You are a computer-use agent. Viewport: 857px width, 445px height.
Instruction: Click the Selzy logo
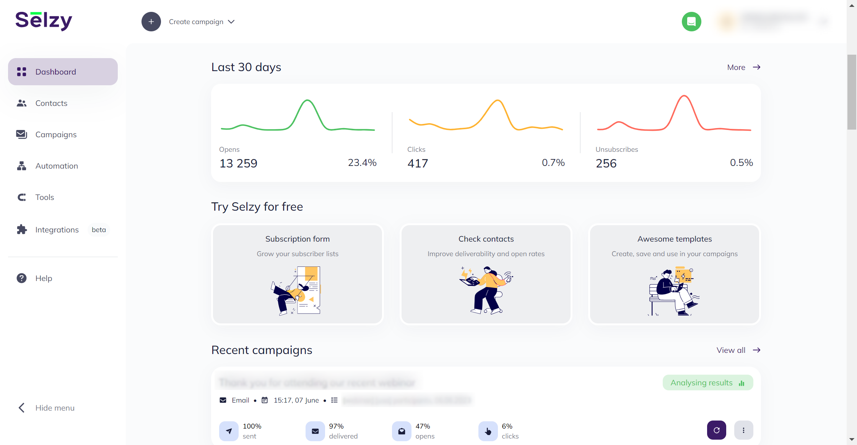pyautogui.click(x=44, y=21)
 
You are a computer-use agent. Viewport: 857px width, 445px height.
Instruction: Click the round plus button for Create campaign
pyautogui.click(x=151, y=22)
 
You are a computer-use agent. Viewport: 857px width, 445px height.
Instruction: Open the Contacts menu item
pyautogui.click(x=51, y=103)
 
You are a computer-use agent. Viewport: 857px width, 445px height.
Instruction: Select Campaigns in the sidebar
pyautogui.click(x=56, y=135)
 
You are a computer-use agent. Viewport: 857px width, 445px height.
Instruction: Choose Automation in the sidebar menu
pyautogui.click(x=57, y=166)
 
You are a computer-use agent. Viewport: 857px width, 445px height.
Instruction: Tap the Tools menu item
pyautogui.click(x=45, y=197)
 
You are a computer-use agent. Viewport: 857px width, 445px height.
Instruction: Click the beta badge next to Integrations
pyautogui.click(x=99, y=230)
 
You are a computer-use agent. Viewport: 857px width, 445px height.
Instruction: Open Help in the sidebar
pyautogui.click(x=44, y=278)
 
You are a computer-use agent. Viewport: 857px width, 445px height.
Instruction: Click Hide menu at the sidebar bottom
pyautogui.click(x=55, y=408)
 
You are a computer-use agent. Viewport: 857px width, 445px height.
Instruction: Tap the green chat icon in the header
pyautogui.click(x=691, y=22)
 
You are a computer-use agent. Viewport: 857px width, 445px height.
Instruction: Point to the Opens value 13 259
pyautogui.click(x=238, y=163)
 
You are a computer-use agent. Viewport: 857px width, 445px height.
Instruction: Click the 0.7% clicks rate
pyautogui.click(x=553, y=163)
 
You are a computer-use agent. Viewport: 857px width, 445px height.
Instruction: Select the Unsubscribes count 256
pyautogui.click(x=606, y=163)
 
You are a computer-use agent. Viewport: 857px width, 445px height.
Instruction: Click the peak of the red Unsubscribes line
pyautogui.click(x=684, y=96)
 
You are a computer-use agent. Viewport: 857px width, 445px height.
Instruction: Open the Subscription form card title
pyautogui.click(x=298, y=239)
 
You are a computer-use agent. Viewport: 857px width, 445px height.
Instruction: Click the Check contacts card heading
pyautogui.click(x=486, y=239)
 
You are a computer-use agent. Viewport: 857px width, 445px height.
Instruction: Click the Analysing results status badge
pyautogui.click(x=707, y=383)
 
